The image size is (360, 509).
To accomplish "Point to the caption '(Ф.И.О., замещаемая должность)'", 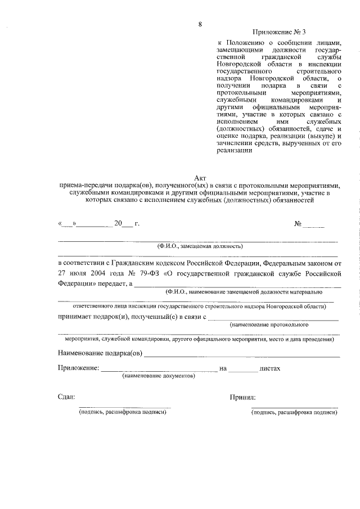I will point(200,246).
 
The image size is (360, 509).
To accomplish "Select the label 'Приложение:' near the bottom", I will point(78,368).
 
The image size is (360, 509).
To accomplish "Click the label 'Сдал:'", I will point(66,397).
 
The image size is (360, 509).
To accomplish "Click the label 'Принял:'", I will point(243,397).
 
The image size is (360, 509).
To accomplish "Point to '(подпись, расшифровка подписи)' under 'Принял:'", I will point(294,413).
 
